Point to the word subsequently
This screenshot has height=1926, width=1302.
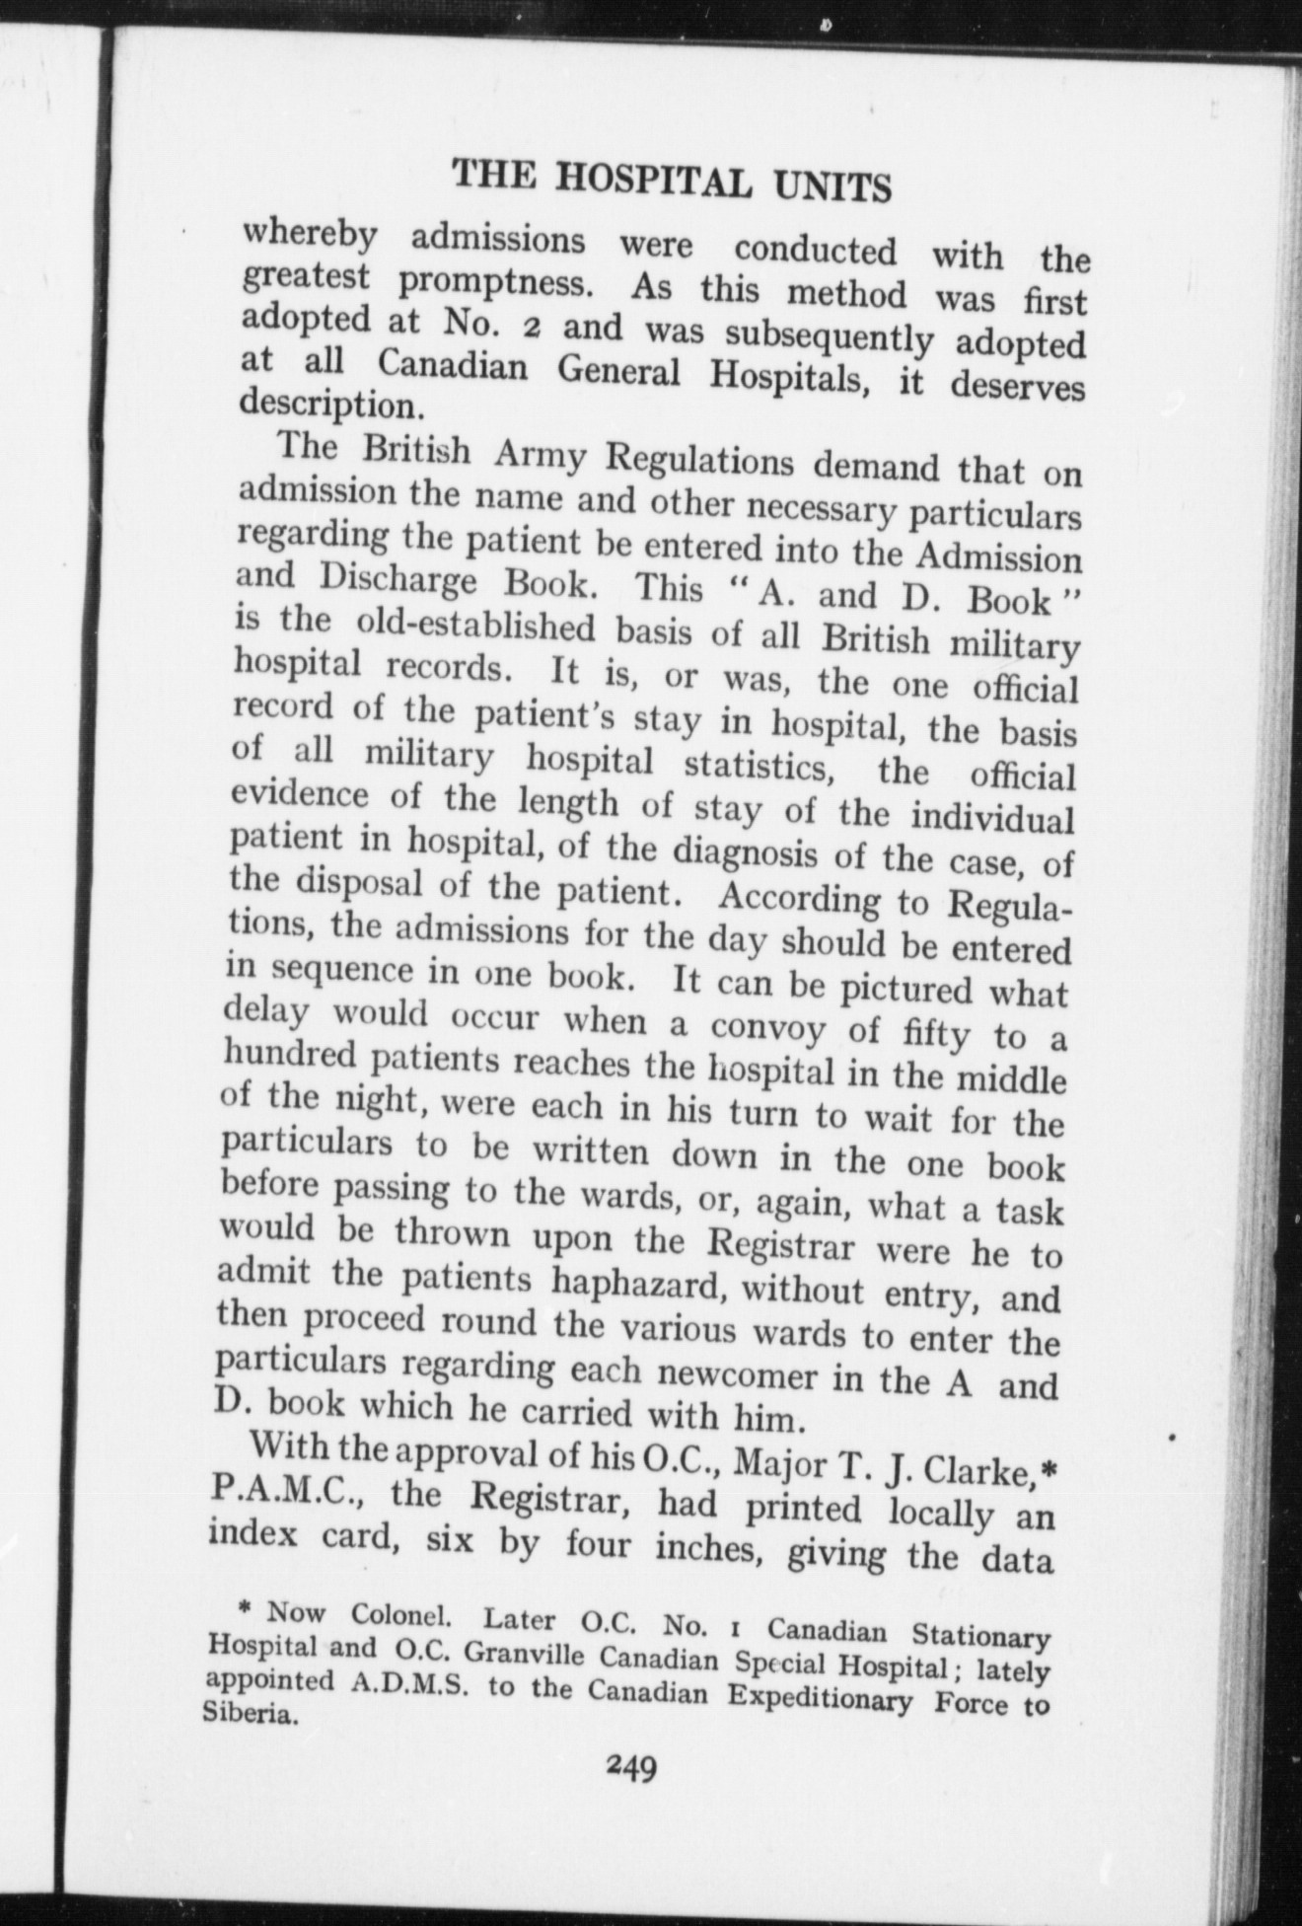point(829,336)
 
